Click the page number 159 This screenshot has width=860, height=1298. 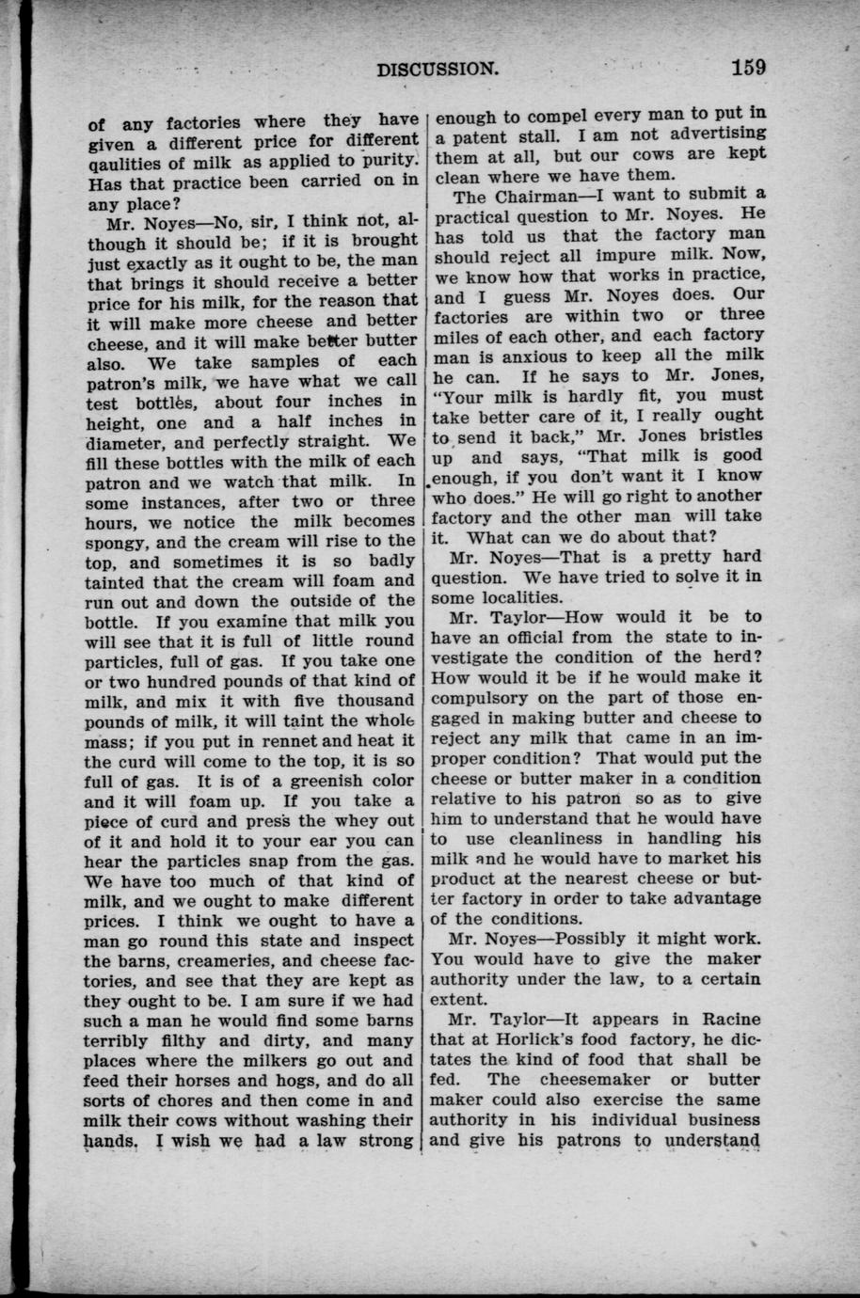[745, 67]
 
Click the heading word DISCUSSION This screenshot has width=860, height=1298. [437, 69]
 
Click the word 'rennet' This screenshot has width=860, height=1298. [270, 741]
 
